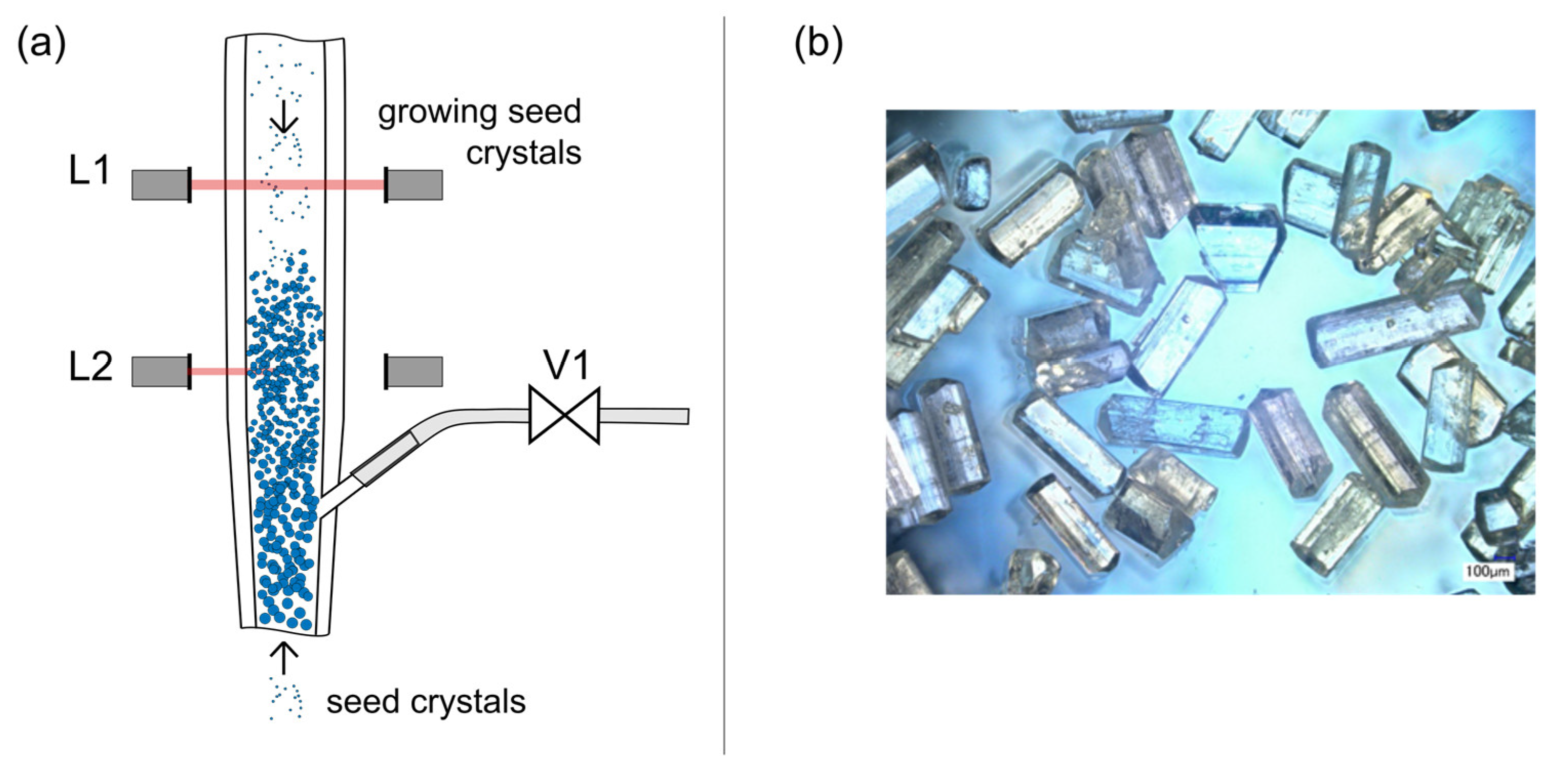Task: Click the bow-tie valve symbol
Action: [564, 415]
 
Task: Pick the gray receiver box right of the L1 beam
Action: [415, 185]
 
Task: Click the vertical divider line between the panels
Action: [724, 385]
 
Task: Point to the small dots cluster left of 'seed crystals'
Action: [285, 699]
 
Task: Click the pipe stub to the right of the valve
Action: [644, 415]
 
